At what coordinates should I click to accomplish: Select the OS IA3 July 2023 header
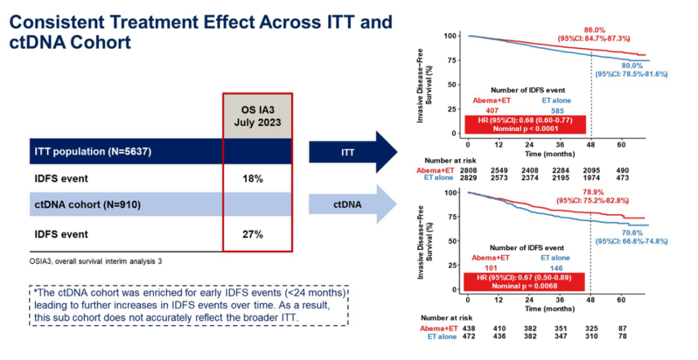coord(257,115)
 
